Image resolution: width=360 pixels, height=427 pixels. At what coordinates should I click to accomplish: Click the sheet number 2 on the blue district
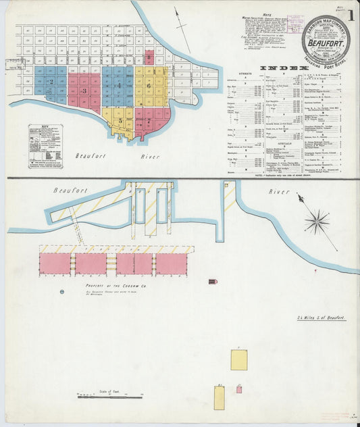tap(51, 82)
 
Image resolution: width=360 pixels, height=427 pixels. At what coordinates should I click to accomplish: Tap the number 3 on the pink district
tap(84, 90)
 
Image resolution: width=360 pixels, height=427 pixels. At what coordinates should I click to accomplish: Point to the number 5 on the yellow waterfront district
tap(121, 120)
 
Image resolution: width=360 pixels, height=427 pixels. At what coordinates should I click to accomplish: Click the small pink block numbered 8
tap(149, 57)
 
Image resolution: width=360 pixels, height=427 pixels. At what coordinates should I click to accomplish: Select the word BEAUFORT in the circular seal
tap(325, 40)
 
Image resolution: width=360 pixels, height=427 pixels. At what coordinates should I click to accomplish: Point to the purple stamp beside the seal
tap(294, 24)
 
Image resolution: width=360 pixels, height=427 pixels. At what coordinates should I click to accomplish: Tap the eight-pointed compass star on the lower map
tap(316, 221)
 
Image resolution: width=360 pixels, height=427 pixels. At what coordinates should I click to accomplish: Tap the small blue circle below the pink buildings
tap(62, 291)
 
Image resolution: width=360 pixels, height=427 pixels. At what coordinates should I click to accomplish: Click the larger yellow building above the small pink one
tap(238, 359)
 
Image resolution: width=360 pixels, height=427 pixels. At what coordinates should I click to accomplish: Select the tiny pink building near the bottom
tap(239, 389)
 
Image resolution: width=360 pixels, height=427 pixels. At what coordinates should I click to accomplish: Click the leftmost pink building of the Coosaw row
tap(55, 263)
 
